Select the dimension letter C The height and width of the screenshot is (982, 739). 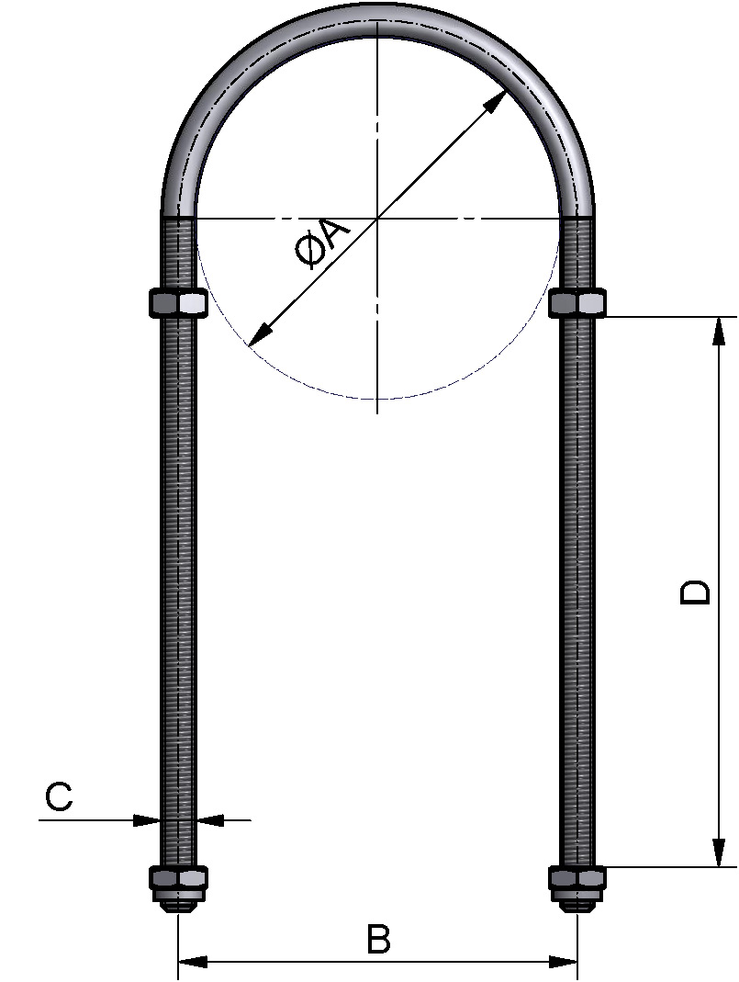click(59, 796)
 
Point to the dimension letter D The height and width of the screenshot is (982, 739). click(695, 592)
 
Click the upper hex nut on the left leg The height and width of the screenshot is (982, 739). click(178, 302)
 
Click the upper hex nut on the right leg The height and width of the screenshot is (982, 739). click(577, 302)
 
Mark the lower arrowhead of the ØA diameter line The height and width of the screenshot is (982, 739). click(259, 335)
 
